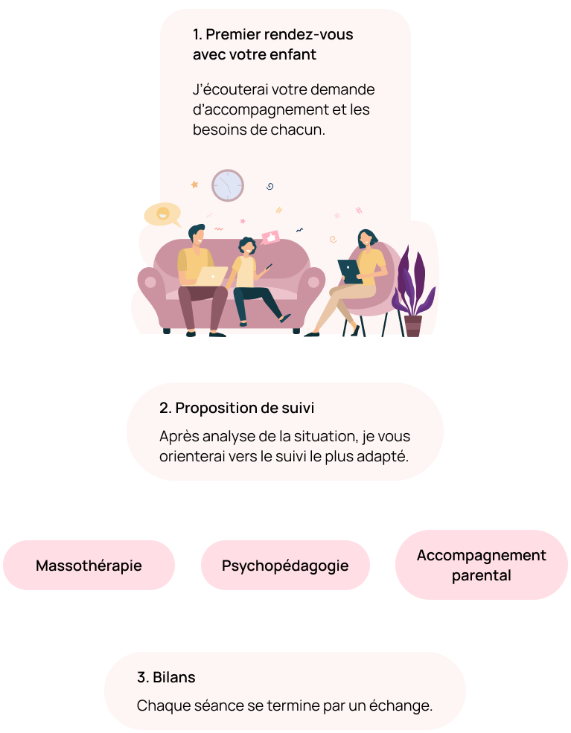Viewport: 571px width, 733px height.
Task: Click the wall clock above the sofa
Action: pos(228,185)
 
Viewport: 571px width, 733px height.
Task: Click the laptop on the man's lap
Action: pos(211,276)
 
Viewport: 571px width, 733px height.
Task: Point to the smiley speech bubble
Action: pos(162,214)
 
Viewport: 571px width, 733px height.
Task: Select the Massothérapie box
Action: pos(89,566)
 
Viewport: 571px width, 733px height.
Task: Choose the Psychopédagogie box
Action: pos(285,566)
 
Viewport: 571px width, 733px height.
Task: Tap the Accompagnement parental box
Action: pos(481,565)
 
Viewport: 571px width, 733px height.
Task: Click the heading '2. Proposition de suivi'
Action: pos(236,409)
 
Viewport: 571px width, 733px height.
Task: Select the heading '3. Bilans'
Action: pos(166,678)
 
